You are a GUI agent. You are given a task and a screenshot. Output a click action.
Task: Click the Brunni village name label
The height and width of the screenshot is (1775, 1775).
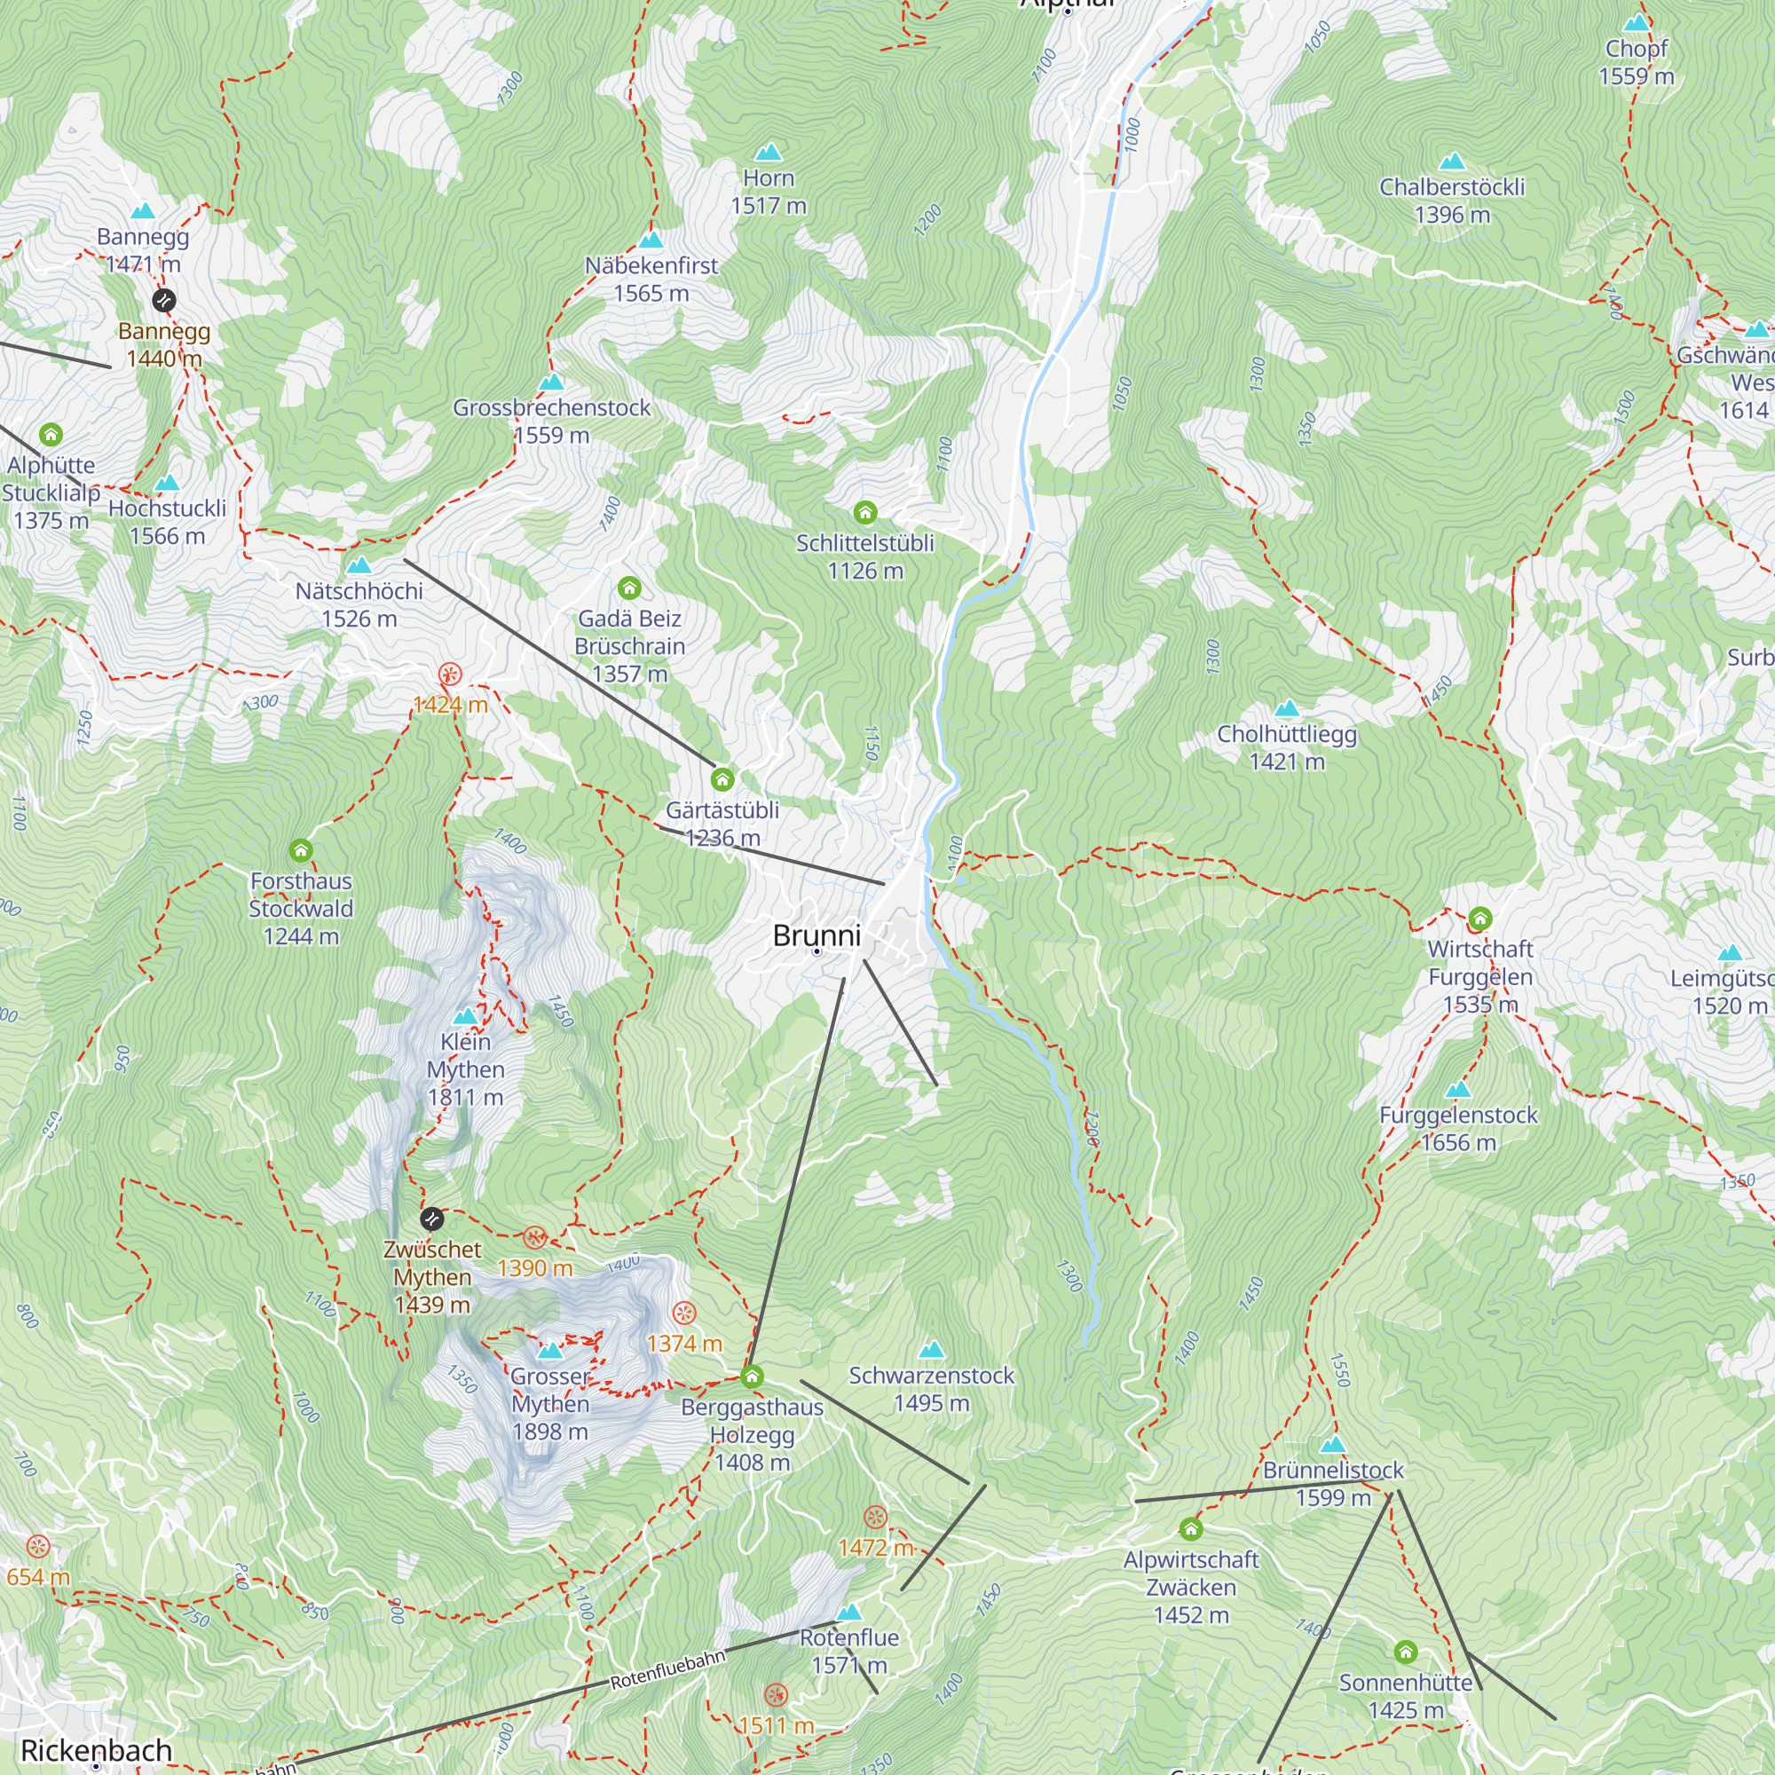(816, 935)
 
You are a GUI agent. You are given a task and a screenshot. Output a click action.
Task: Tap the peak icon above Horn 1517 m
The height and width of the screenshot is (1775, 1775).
(768, 152)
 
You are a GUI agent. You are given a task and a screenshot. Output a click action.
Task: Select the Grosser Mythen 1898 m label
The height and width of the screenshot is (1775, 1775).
(549, 1403)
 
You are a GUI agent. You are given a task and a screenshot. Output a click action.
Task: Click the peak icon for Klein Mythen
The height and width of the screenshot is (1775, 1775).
(466, 1016)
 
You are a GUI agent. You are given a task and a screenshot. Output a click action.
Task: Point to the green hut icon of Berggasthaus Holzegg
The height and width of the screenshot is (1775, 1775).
(752, 1377)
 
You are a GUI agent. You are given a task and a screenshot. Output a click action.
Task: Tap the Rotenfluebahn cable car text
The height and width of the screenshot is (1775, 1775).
(668, 1668)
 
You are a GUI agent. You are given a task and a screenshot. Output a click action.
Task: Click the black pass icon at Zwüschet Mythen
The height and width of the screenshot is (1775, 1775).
(432, 1219)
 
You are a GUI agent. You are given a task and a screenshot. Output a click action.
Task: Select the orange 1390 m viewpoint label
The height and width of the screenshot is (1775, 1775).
(533, 1268)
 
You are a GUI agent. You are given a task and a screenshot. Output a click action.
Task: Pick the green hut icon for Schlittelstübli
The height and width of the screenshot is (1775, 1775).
(864, 512)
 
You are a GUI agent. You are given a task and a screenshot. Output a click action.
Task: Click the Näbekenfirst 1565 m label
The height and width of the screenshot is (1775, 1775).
(651, 279)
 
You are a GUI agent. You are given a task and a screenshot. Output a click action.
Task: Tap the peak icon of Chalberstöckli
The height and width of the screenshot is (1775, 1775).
(1452, 162)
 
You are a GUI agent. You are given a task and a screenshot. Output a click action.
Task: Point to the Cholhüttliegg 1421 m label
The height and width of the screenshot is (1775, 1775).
(1286, 747)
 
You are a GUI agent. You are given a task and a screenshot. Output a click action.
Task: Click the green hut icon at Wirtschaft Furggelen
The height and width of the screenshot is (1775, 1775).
(1480, 918)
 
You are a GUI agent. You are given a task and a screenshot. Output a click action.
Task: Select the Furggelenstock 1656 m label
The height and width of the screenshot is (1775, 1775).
(1458, 1128)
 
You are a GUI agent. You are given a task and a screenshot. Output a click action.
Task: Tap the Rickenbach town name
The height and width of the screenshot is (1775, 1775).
(97, 1750)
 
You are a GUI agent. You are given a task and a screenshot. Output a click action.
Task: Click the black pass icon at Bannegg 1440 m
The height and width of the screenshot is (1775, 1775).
(163, 299)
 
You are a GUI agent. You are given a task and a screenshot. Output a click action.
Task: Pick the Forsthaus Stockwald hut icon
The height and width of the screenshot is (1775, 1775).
(301, 850)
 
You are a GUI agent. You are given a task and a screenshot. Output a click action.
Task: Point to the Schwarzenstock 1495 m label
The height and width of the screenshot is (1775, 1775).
(931, 1388)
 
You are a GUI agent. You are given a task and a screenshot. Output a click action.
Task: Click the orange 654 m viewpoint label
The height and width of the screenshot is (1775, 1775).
(37, 1576)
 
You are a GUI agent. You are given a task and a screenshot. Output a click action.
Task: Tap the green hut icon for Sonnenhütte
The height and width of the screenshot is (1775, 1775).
(1405, 1653)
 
